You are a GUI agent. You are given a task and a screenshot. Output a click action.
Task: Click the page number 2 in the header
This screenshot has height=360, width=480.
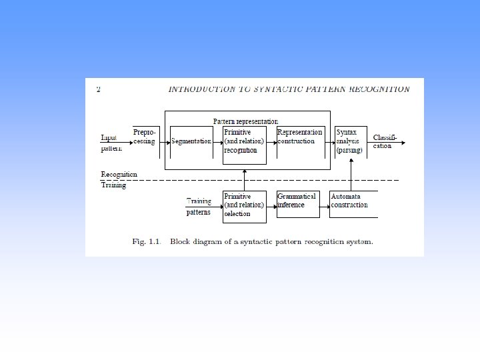click(x=99, y=89)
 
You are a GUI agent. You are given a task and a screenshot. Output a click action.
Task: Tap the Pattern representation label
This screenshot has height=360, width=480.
click(x=245, y=121)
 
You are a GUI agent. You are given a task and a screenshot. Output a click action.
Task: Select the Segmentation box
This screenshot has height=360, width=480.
click(x=191, y=141)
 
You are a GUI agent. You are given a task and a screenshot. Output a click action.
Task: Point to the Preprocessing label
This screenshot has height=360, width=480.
click(x=144, y=137)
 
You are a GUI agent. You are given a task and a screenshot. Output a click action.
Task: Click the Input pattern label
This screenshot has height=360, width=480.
click(x=111, y=143)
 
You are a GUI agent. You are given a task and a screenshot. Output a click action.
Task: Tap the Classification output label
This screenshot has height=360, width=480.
click(x=385, y=141)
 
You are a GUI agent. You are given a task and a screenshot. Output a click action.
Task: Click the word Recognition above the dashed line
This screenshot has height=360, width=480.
click(x=119, y=175)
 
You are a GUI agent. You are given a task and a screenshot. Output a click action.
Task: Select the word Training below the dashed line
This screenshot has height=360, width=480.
click(x=113, y=185)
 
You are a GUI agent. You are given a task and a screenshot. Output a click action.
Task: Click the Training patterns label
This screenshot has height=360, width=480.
click(x=199, y=207)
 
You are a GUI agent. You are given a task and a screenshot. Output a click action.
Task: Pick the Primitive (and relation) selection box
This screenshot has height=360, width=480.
click(x=245, y=206)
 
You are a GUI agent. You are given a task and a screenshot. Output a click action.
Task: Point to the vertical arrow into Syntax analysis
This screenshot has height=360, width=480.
click(x=351, y=175)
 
